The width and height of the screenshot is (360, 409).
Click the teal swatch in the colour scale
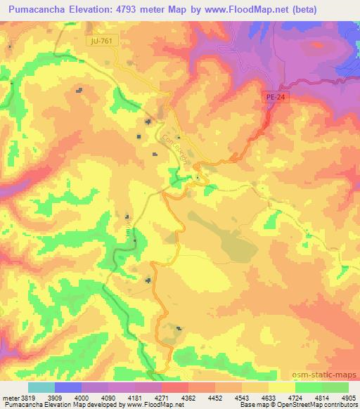pos(41,387)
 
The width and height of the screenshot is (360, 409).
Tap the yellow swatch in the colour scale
pos(281,387)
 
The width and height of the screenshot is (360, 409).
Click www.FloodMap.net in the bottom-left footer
pos(151,404)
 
